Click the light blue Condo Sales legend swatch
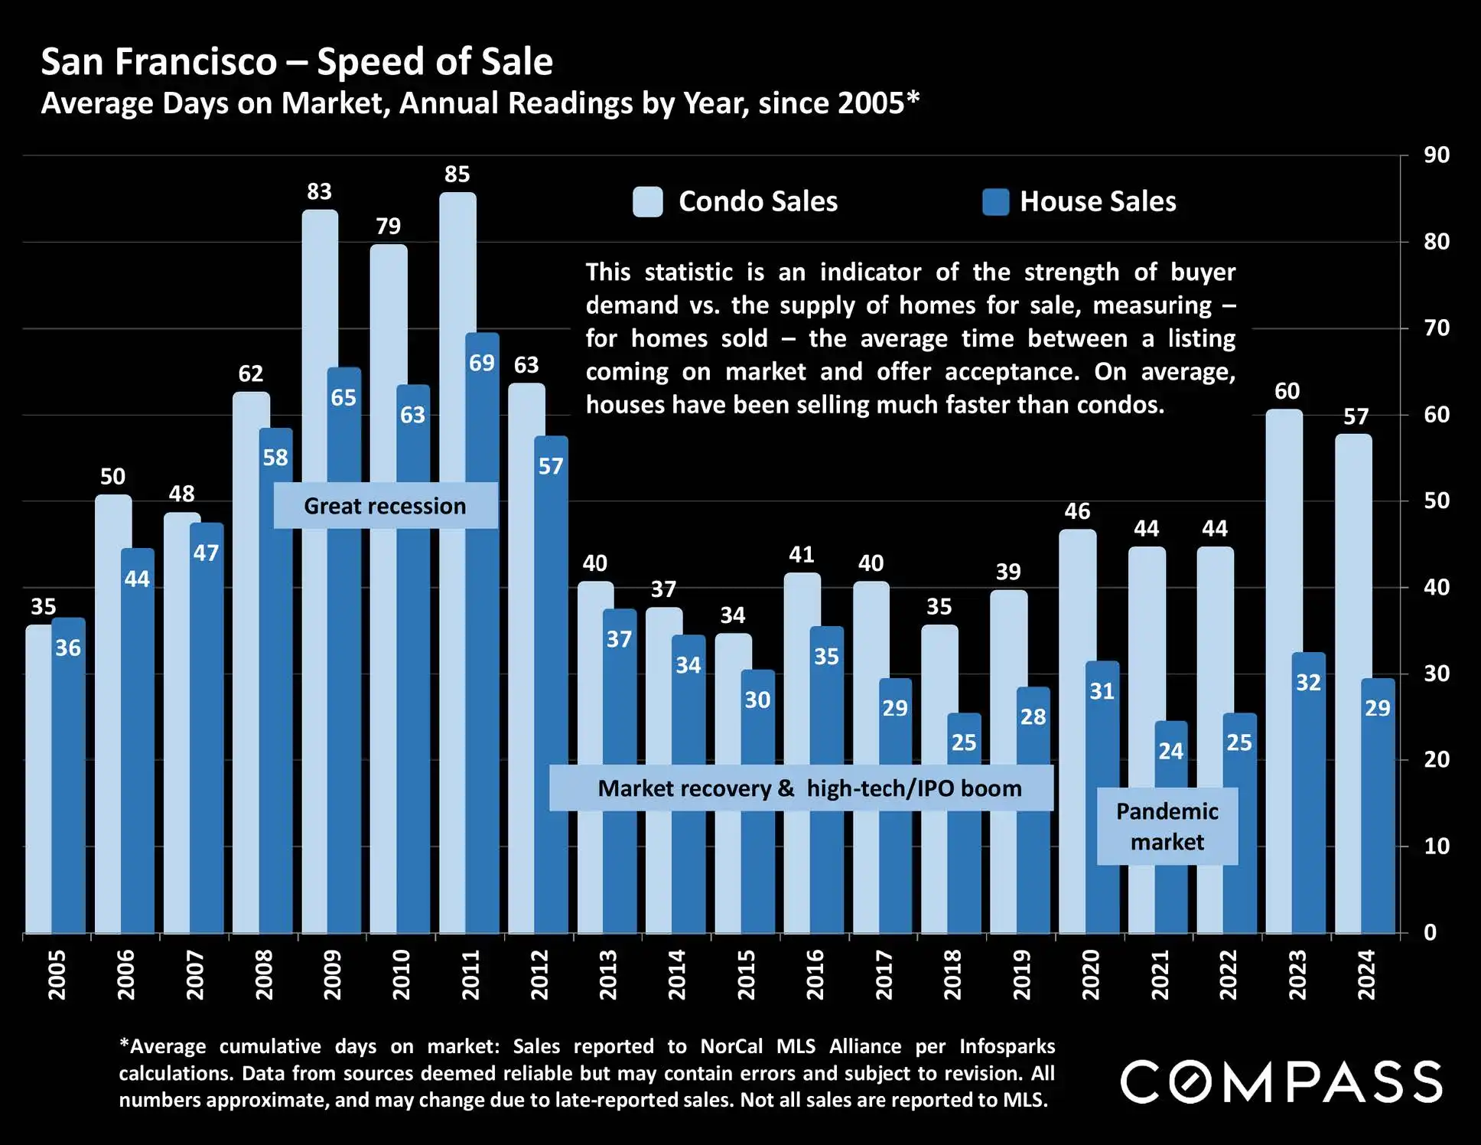point(648,202)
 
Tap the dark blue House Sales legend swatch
point(995,202)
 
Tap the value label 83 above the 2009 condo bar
point(319,191)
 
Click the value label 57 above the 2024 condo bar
point(1356,417)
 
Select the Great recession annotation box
point(386,506)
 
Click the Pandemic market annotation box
point(1167,827)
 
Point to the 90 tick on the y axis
point(1436,155)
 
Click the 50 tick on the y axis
point(1436,501)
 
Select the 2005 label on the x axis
point(57,974)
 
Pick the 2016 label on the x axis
point(815,974)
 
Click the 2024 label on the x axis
point(1366,974)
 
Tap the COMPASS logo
point(1281,1081)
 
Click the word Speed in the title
point(366,62)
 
